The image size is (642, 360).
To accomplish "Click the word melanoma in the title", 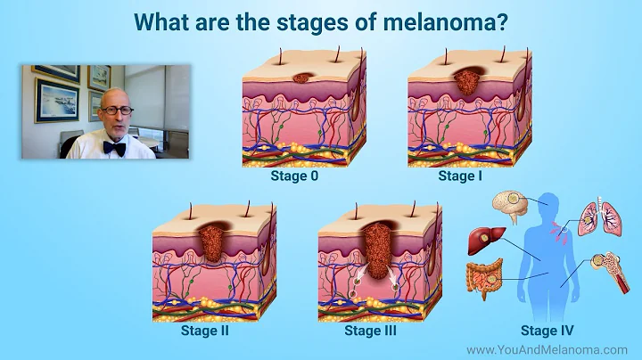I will (455, 22).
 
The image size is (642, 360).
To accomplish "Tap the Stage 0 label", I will (294, 176).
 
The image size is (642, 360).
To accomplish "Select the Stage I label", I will (458, 176).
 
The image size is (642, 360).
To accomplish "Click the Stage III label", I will (370, 331).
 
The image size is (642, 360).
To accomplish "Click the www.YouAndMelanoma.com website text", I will (547, 350).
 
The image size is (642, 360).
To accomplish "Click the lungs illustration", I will (596, 217).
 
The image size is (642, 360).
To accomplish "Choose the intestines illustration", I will (483, 279).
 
